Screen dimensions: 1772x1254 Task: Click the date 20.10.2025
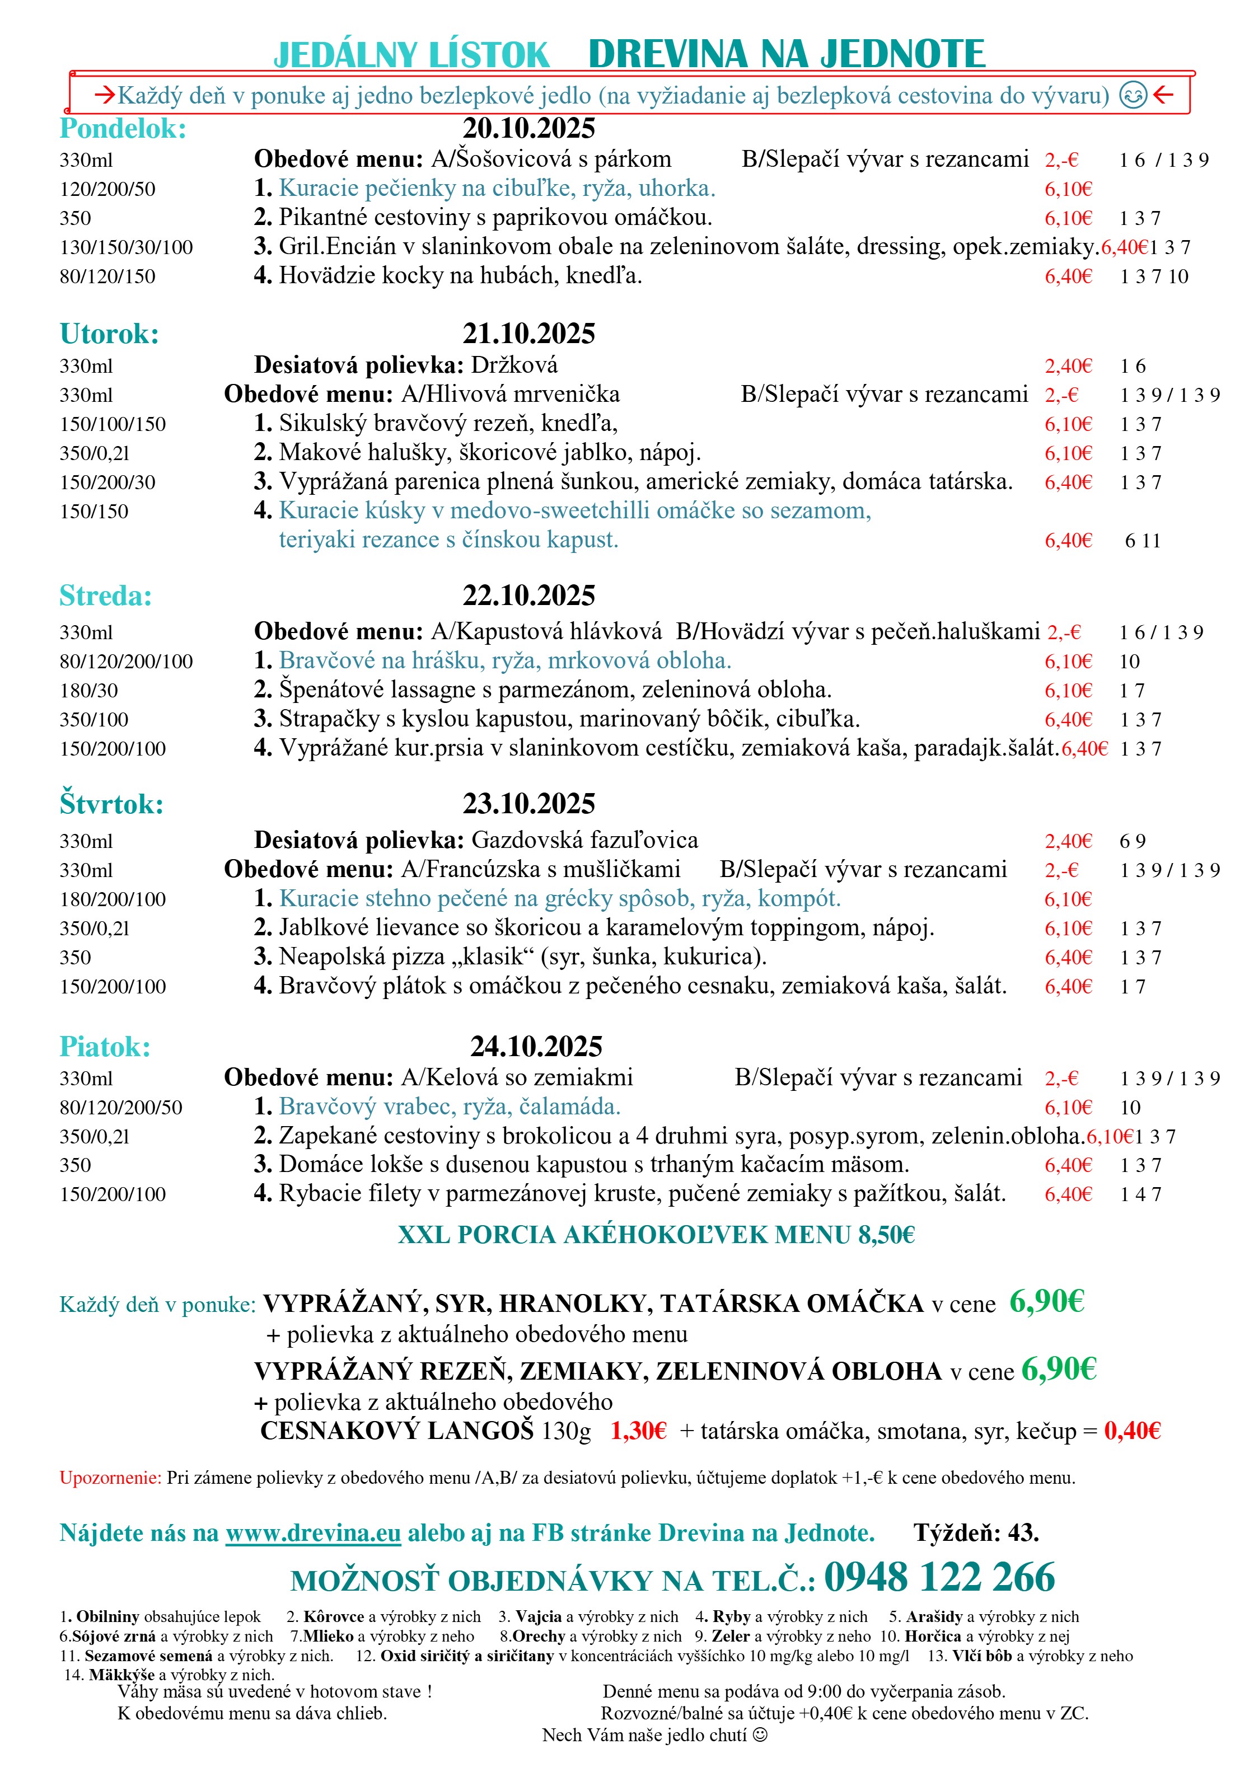point(529,128)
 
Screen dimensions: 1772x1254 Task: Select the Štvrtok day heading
point(111,804)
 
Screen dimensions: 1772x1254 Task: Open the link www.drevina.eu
point(313,1533)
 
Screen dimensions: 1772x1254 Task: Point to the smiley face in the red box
point(1133,95)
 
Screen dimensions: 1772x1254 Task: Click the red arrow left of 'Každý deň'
point(104,96)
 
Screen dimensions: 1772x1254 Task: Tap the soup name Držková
point(514,365)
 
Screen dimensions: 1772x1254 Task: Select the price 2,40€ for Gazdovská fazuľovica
point(1068,841)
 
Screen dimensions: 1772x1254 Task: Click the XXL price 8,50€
point(886,1235)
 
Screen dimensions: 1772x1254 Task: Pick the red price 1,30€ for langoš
point(638,1431)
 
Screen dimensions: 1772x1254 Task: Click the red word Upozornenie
point(110,1478)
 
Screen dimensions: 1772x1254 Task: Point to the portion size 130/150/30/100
point(127,248)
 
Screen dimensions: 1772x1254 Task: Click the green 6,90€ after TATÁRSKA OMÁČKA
point(1046,1302)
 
